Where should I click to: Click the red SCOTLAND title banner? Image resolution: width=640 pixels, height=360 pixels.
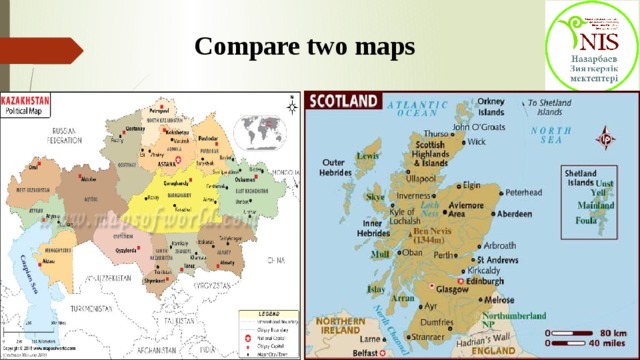point(344,101)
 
